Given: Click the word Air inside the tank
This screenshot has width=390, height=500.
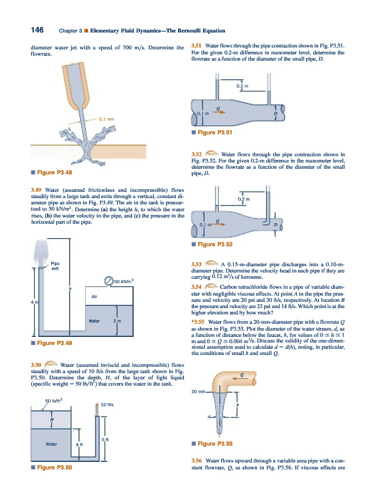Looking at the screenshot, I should point(94,296).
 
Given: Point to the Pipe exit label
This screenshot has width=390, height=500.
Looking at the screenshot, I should point(55,266).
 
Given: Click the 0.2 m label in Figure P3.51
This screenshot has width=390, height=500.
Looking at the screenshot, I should point(242,86).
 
